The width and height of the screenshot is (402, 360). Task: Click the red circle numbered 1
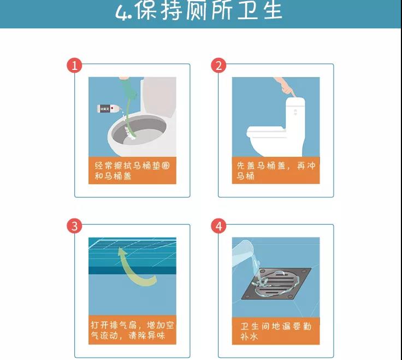click(x=74, y=65)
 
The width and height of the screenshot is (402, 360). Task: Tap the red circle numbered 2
click(x=218, y=65)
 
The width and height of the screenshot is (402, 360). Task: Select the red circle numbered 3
click(x=74, y=226)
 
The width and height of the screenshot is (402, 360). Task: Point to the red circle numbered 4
click(x=218, y=226)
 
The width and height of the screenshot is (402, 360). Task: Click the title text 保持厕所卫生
click(x=209, y=10)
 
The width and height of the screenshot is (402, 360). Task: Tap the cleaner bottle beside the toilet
click(x=108, y=109)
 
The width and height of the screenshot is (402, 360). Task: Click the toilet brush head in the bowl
click(x=130, y=133)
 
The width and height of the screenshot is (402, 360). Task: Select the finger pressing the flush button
click(x=286, y=87)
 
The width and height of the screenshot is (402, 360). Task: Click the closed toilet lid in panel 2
click(x=265, y=131)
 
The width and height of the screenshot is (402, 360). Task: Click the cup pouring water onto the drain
click(x=243, y=255)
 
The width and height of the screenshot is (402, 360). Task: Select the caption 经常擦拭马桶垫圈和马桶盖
click(x=132, y=171)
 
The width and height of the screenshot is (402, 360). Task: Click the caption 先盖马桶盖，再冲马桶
click(x=276, y=171)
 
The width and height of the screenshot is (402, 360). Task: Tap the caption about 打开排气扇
click(x=132, y=331)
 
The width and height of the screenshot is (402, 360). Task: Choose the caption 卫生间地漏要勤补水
click(x=276, y=331)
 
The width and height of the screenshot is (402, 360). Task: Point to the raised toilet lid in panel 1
click(x=159, y=96)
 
